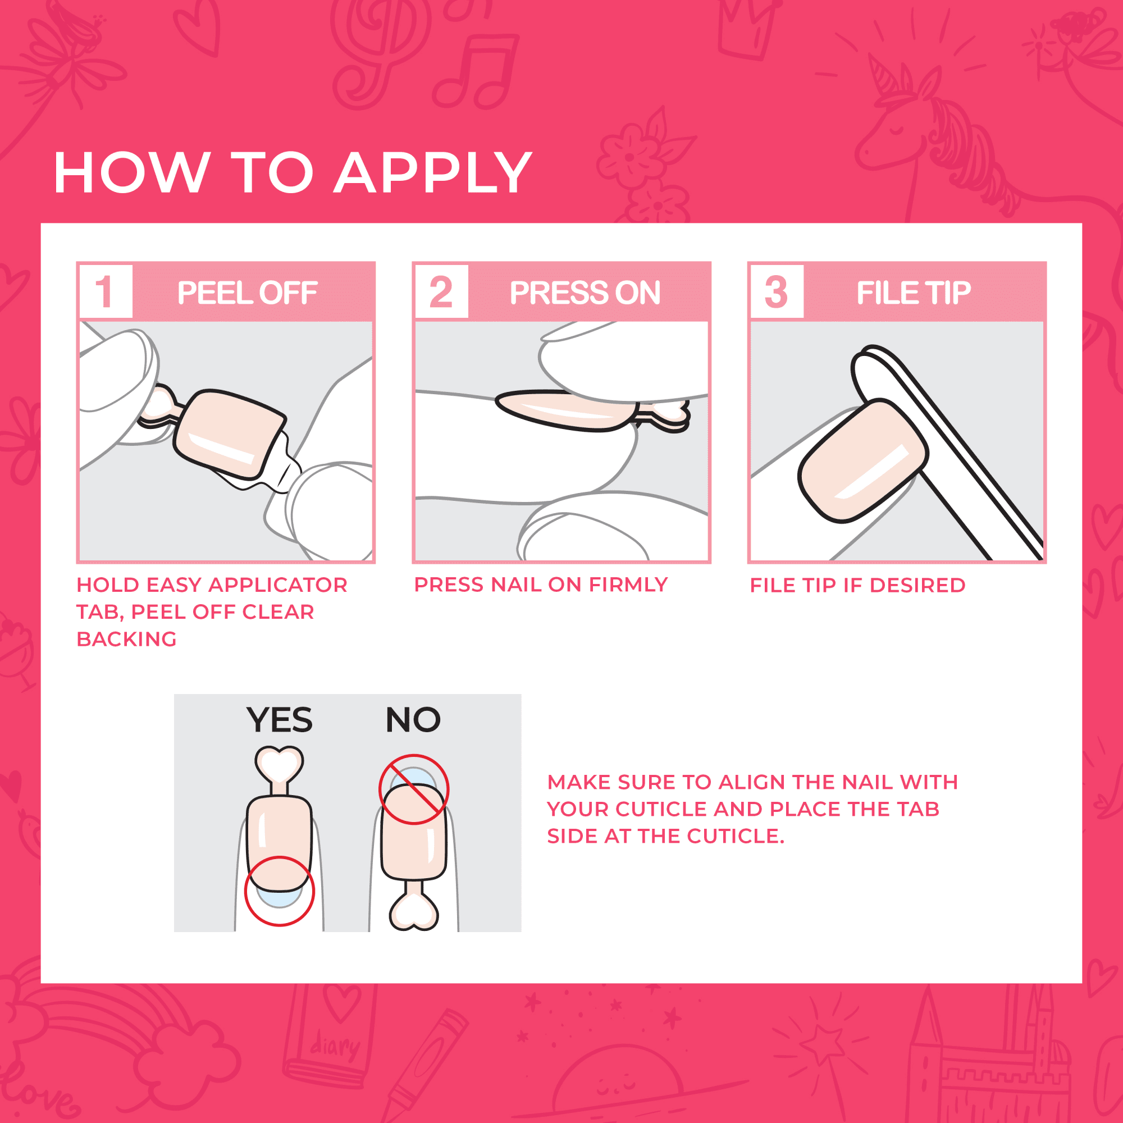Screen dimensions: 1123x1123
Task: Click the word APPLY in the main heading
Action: point(433,172)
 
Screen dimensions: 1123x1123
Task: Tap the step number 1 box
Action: point(105,292)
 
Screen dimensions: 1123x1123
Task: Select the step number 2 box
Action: point(441,292)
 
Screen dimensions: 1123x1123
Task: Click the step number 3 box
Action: point(777,292)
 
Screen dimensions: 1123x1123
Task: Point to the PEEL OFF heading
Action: point(247,293)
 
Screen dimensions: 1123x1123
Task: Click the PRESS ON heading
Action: point(585,293)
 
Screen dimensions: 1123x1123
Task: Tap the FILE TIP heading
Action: point(913,293)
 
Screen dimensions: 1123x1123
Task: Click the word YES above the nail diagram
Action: point(279,720)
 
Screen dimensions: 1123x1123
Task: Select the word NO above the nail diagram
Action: point(413,720)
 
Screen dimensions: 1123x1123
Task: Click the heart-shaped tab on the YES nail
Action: point(279,764)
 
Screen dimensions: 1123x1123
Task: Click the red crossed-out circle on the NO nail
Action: point(414,789)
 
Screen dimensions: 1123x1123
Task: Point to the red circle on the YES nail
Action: point(279,891)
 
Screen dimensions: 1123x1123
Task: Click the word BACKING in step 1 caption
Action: point(127,640)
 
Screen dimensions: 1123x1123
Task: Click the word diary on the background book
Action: point(335,1047)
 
